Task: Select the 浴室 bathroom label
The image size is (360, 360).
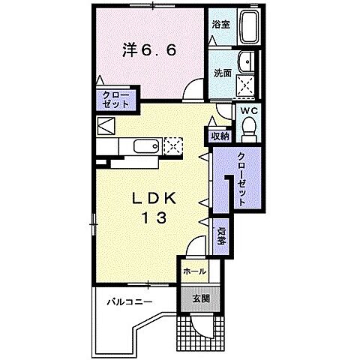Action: pyautogui.click(x=220, y=24)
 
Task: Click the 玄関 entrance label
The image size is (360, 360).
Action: pyautogui.click(x=200, y=298)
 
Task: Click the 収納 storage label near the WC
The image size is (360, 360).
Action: pyautogui.click(x=219, y=136)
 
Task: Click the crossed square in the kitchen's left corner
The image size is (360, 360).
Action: pyautogui.click(x=104, y=125)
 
